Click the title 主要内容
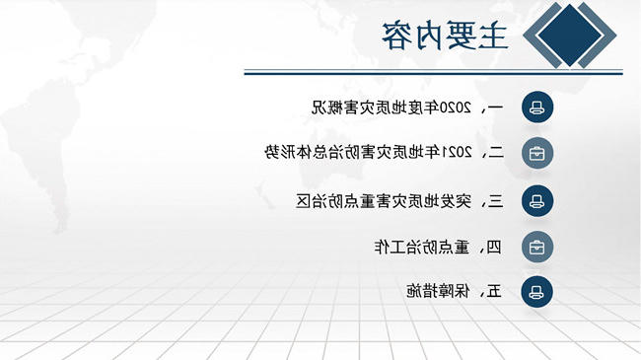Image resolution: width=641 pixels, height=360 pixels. (445, 36)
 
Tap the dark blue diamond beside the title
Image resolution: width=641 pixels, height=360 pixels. (569, 36)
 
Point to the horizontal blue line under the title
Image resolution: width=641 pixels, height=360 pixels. (433, 72)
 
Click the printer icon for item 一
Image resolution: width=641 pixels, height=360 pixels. (537, 108)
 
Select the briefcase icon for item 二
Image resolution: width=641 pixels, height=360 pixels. (537, 154)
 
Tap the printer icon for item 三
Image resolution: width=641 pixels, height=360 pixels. (537, 200)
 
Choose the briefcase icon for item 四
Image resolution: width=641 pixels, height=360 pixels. (537, 247)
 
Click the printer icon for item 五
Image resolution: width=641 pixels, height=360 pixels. (536, 292)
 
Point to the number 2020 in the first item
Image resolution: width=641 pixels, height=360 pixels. (455, 108)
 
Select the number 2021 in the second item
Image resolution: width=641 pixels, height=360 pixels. (456, 153)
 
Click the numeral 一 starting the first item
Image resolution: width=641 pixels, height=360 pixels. (495, 108)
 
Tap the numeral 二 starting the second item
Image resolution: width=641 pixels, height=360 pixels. (496, 153)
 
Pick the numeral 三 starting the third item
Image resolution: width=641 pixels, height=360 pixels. (496, 201)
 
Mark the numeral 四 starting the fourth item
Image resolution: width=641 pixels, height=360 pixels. (494, 248)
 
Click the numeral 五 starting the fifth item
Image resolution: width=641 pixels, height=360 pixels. (494, 292)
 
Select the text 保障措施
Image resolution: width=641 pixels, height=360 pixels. (438, 291)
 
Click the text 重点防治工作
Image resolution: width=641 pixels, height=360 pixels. (421, 248)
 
